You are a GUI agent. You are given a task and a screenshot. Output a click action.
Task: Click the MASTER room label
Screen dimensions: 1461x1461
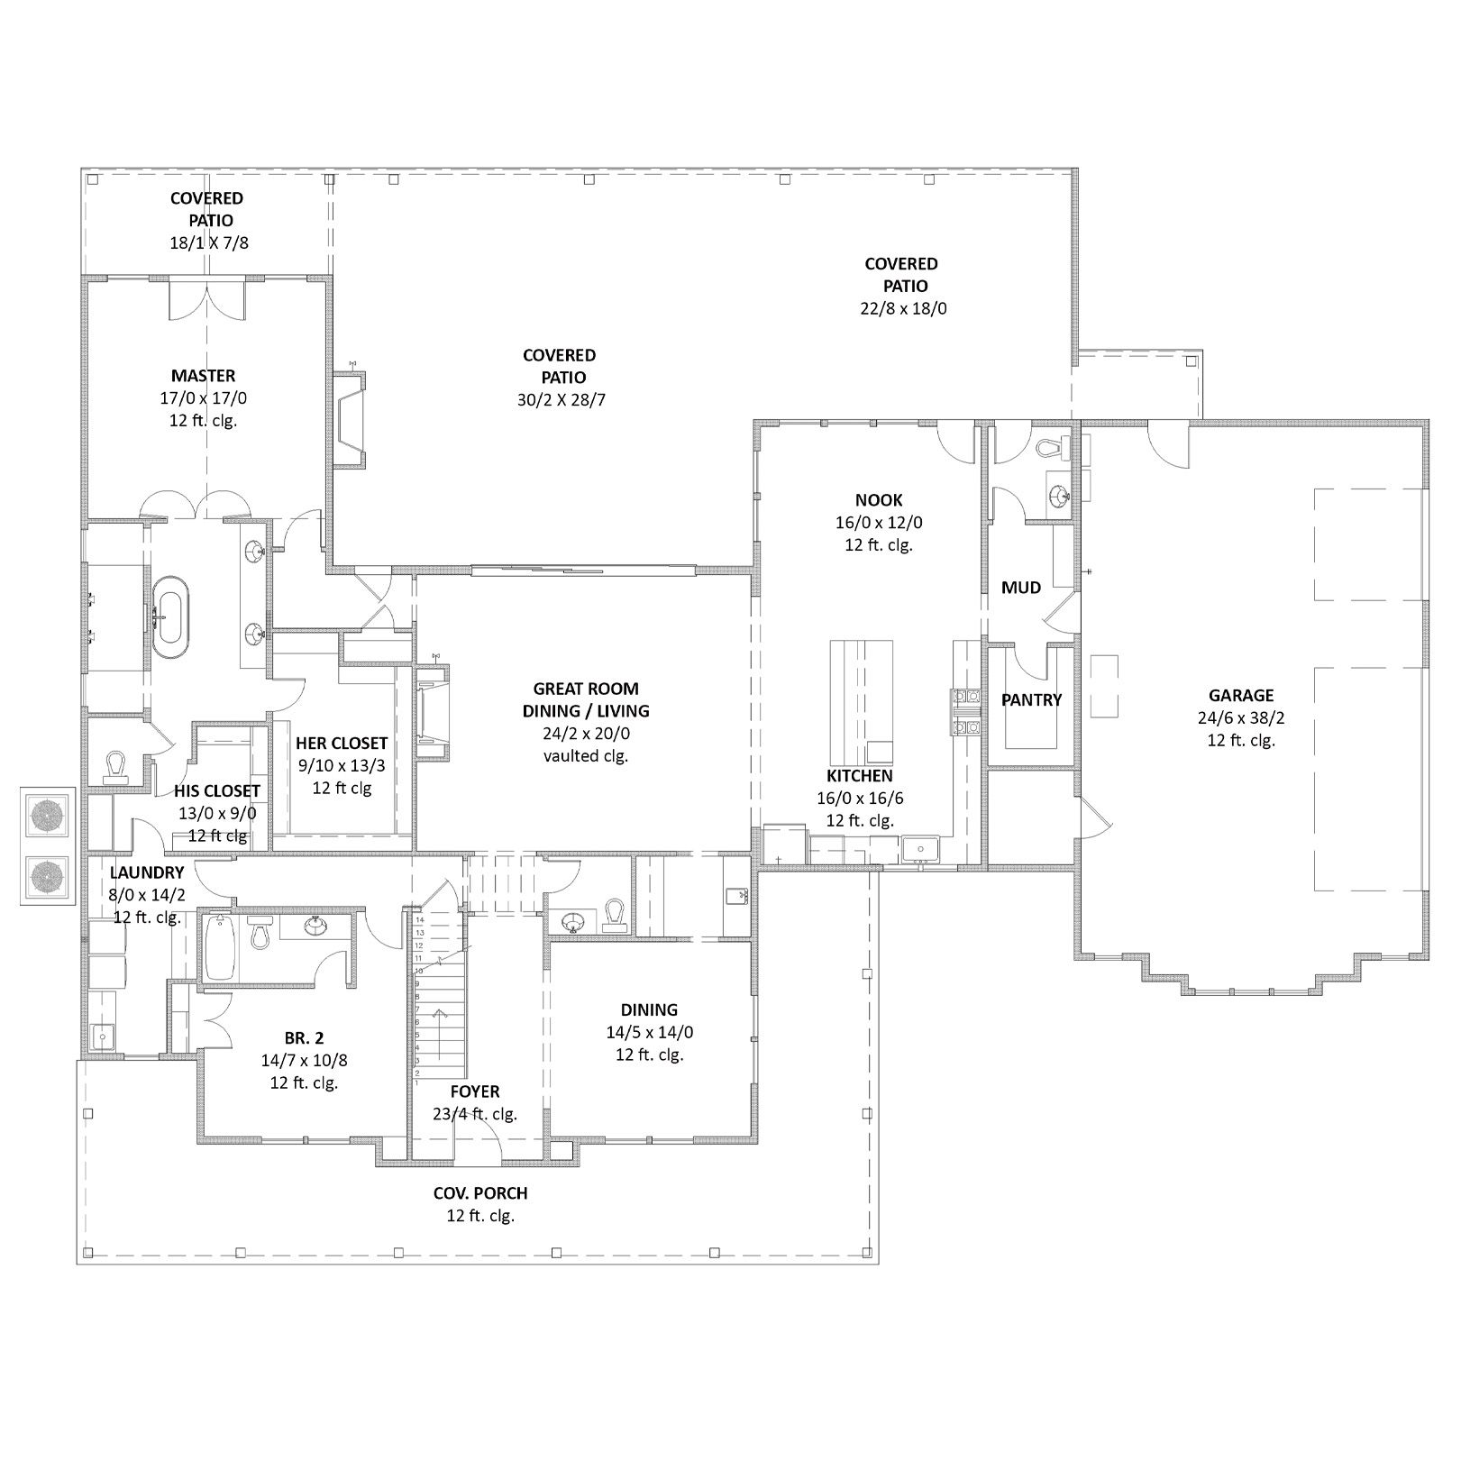(x=204, y=376)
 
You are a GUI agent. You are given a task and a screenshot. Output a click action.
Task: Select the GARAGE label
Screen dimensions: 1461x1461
(x=1241, y=696)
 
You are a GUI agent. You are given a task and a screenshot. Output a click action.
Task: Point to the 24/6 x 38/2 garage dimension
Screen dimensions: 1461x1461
(x=1241, y=718)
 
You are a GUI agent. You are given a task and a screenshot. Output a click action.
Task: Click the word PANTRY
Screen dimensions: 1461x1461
(x=1031, y=699)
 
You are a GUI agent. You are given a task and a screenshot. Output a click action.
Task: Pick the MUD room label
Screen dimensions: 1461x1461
(x=1021, y=588)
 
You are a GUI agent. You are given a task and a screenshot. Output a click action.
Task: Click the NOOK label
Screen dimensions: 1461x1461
(x=879, y=500)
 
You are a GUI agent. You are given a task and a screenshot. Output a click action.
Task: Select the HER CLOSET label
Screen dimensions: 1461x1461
(x=342, y=744)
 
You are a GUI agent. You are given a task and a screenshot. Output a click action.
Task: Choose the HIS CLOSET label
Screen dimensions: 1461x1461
(x=217, y=791)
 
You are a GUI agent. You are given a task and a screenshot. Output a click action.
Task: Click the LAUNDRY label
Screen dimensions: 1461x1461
(x=147, y=872)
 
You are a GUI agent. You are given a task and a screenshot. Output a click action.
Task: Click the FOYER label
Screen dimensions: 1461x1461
(x=474, y=1091)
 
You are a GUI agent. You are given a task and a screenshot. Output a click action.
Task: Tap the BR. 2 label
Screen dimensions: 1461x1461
(x=304, y=1038)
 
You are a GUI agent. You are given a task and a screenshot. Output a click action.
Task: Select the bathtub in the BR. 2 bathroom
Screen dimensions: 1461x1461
(x=219, y=946)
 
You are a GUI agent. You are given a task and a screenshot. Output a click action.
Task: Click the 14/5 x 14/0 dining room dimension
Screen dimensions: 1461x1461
(x=649, y=1033)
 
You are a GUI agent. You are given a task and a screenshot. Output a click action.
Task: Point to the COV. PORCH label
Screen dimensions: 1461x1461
(x=480, y=1193)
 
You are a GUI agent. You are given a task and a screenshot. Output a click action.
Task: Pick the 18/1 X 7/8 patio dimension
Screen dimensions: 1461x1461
(x=208, y=242)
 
